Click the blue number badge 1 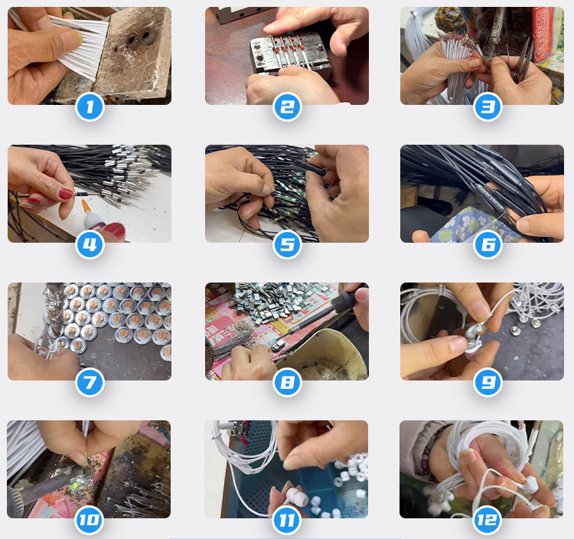(90, 107)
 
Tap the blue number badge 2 (287, 107)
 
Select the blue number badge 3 (488, 107)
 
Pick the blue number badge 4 (90, 244)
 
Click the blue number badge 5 (287, 244)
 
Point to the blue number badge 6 (488, 244)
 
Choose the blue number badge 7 (90, 382)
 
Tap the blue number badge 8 (287, 382)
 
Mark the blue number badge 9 (488, 382)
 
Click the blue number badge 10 (90, 520)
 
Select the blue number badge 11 (287, 520)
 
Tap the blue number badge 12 (488, 520)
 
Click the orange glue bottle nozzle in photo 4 (86, 206)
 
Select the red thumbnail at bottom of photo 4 (114, 231)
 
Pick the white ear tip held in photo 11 (296, 496)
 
